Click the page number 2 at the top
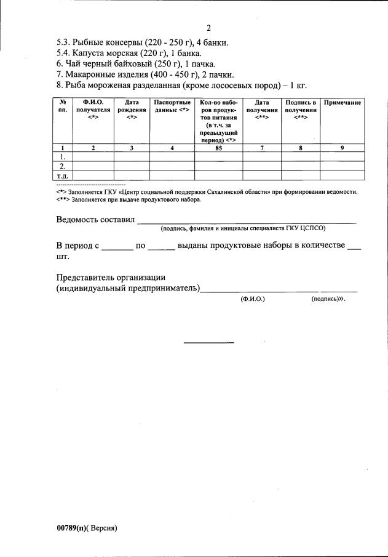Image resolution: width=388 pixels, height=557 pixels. click(208, 28)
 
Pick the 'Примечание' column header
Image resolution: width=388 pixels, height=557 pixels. click(342, 101)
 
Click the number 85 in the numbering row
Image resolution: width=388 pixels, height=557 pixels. click(218, 148)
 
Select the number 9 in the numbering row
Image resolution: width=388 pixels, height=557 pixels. click(342, 148)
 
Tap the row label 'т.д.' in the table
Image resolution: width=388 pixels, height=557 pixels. click(62, 176)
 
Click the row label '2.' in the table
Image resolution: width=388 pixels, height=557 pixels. click(62, 166)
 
